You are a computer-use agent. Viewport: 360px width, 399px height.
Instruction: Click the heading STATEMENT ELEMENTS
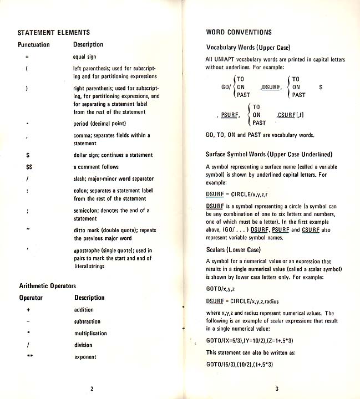click(x=54, y=33)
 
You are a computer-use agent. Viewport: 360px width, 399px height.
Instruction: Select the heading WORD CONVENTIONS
click(x=239, y=33)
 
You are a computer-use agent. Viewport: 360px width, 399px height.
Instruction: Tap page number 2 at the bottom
click(x=92, y=388)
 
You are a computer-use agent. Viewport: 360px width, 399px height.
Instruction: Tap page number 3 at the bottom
click(x=268, y=388)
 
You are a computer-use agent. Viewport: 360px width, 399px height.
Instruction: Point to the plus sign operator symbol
click(x=28, y=310)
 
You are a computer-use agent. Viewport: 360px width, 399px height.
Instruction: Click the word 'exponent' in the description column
click(x=85, y=357)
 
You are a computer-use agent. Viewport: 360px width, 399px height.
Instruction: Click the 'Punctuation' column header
click(x=34, y=45)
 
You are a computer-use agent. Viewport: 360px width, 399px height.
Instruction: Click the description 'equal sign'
click(x=84, y=57)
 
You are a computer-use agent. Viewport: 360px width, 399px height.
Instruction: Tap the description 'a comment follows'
click(x=95, y=167)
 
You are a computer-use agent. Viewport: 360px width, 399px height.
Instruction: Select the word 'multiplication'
click(x=90, y=334)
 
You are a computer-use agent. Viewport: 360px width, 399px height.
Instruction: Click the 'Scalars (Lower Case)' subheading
click(x=233, y=250)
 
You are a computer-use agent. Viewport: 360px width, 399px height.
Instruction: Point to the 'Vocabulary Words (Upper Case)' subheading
click(x=248, y=48)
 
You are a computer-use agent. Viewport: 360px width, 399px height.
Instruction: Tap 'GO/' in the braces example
click(x=226, y=87)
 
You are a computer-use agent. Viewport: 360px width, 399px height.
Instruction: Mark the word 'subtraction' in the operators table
click(x=87, y=321)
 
